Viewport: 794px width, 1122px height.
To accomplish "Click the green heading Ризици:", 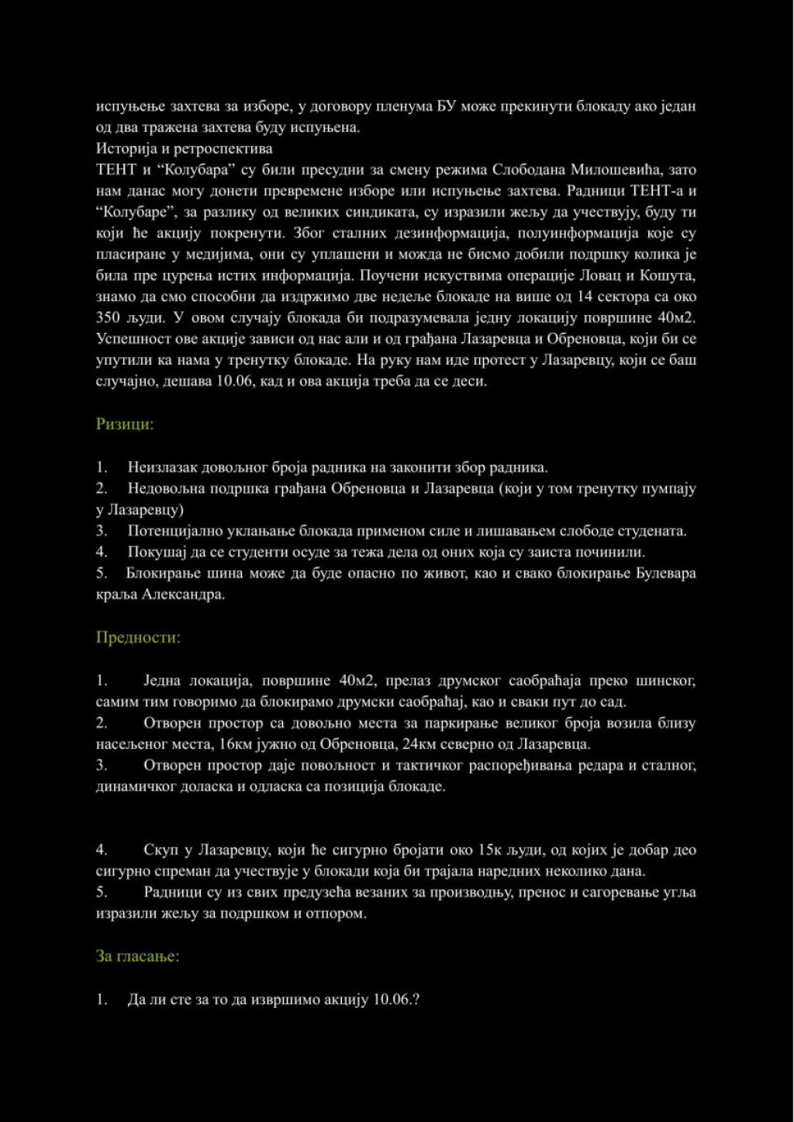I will pyautogui.click(x=125, y=424).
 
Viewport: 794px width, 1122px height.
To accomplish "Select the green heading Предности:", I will pyautogui.click(x=138, y=638).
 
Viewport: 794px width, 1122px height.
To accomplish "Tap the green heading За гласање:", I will pyautogui.click(x=137, y=956).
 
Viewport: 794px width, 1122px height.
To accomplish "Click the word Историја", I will pyautogui.click(x=124, y=148).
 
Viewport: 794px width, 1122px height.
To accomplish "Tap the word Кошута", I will pyautogui.click(x=668, y=275).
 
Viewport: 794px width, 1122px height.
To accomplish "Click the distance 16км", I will pyautogui.click(x=235, y=744).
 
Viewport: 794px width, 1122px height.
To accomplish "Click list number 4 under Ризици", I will pyautogui.click(x=102, y=552).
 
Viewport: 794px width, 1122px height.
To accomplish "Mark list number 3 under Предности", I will pyautogui.click(x=102, y=765).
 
